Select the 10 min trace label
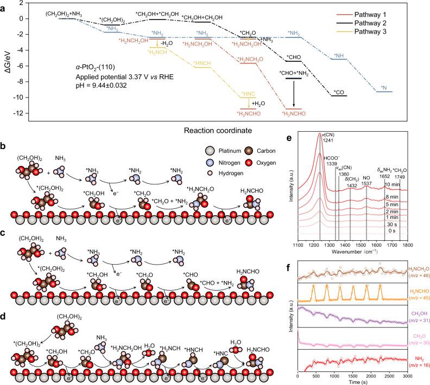(x=403, y=185)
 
